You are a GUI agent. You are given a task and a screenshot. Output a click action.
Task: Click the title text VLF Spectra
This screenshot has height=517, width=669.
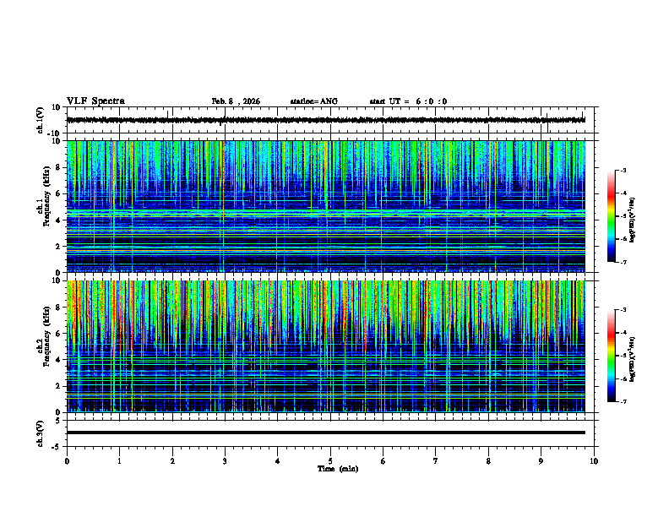point(95,101)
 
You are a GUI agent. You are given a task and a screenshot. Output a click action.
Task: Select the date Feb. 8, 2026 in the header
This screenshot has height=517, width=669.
point(236,101)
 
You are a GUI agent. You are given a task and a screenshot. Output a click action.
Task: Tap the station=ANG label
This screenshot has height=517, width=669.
point(313,101)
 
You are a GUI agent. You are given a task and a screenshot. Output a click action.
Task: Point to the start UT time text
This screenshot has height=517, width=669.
point(408,101)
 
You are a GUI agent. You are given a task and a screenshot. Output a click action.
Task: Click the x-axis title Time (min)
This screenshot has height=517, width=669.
point(337,469)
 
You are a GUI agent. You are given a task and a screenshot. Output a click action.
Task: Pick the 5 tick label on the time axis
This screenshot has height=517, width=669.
point(330,461)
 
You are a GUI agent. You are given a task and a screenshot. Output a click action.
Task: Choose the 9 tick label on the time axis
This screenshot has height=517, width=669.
point(541,461)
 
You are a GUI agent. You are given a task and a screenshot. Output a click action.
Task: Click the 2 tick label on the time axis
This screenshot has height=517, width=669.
point(172,461)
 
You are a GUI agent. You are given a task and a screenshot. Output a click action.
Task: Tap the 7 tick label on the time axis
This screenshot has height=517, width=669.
point(436,461)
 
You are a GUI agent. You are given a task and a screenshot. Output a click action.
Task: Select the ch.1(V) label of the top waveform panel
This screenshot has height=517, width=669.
point(41,120)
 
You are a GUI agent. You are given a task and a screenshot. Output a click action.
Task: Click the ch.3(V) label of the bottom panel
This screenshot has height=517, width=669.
point(41,433)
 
